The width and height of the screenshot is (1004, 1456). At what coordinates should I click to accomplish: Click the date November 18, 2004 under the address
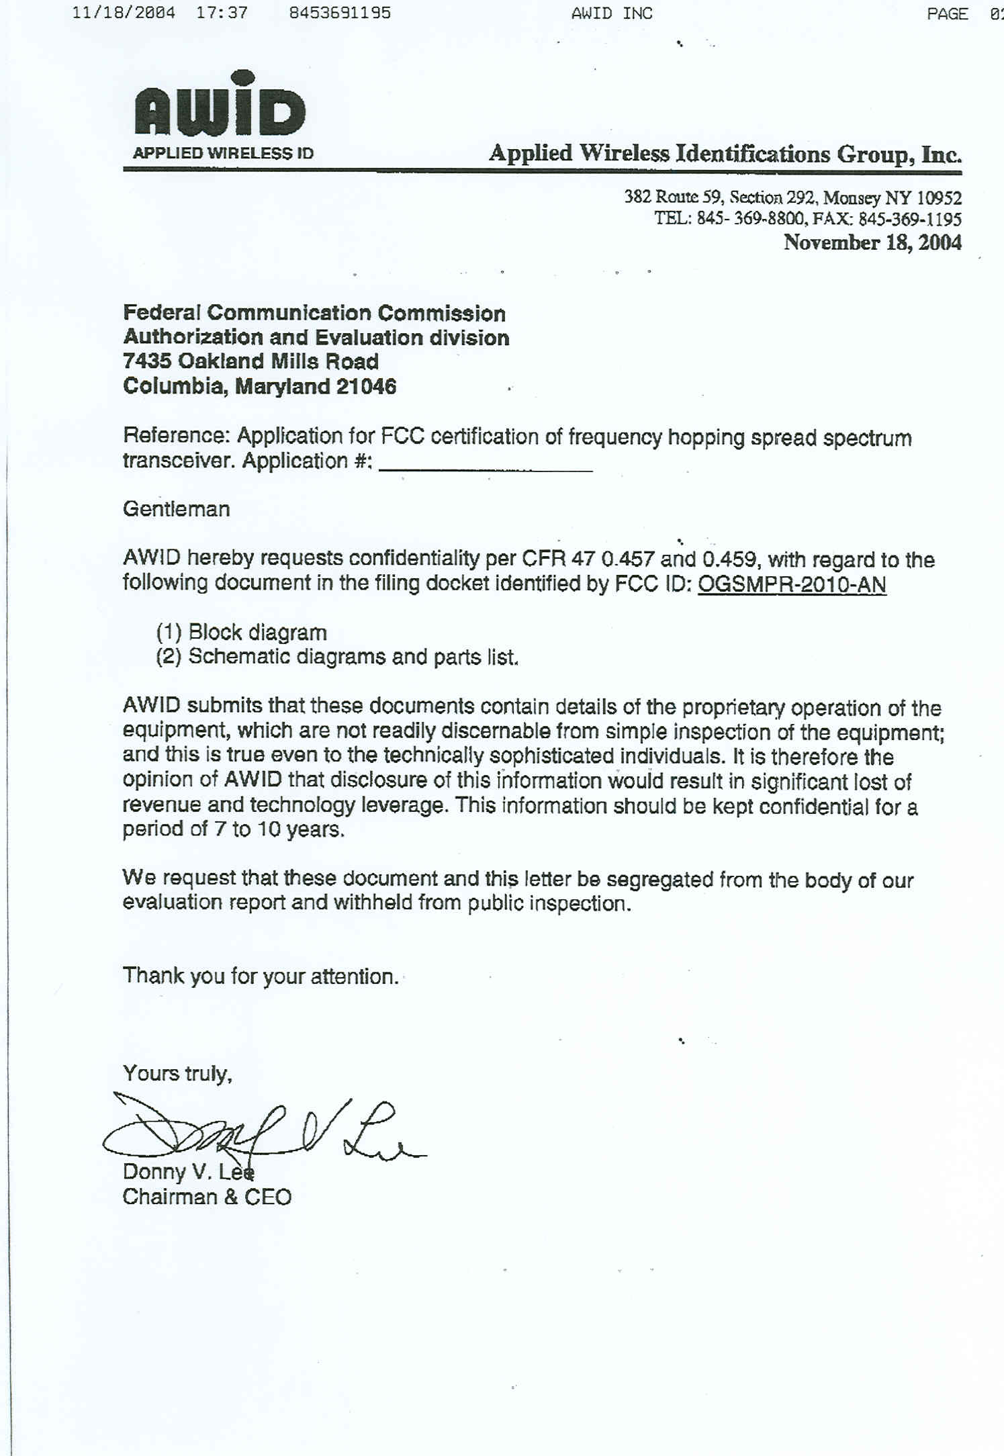click(x=872, y=242)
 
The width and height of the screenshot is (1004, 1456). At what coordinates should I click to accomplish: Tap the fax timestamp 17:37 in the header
click(x=222, y=13)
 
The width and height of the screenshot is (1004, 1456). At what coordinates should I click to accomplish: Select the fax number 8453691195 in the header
click(x=340, y=13)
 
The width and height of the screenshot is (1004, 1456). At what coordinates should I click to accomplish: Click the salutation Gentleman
click(x=176, y=509)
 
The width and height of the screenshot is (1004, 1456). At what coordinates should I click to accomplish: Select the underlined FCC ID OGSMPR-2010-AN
click(x=792, y=584)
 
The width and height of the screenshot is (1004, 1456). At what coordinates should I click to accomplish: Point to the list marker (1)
click(x=169, y=633)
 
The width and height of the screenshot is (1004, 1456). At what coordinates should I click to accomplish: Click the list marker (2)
click(x=169, y=656)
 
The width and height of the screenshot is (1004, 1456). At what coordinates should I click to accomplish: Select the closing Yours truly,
click(x=177, y=1073)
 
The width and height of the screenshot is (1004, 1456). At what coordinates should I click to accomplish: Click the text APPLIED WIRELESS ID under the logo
click(x=223, y=153)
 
